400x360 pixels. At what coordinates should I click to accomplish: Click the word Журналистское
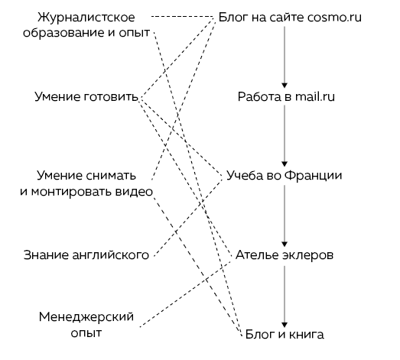tap(86, 18)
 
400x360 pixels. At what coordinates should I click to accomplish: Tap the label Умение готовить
tap(86, 96)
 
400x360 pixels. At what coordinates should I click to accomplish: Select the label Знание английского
tap(86, 255)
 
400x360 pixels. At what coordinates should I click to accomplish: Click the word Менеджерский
tap(86, 317)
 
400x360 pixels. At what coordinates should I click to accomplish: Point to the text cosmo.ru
tap(334, 18)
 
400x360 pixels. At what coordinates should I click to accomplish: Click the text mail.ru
tap(315, 96)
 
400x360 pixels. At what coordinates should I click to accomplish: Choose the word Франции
tap(313, 176)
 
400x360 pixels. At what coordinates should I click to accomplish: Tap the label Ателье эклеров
tap(285, 255)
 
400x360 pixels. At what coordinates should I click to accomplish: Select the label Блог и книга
tap(285, 334)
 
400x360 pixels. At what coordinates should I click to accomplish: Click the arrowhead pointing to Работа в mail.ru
tap(285, 86)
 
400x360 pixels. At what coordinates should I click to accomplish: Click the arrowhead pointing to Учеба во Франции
tap(285, 164)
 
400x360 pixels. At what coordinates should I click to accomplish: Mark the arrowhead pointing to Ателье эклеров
tap(285, 244)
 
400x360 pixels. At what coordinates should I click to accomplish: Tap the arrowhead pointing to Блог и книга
tap(285, 325)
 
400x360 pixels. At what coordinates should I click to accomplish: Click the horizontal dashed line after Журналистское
tap(182, 17)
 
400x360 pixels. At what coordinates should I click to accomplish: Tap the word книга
tap(309, 334)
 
